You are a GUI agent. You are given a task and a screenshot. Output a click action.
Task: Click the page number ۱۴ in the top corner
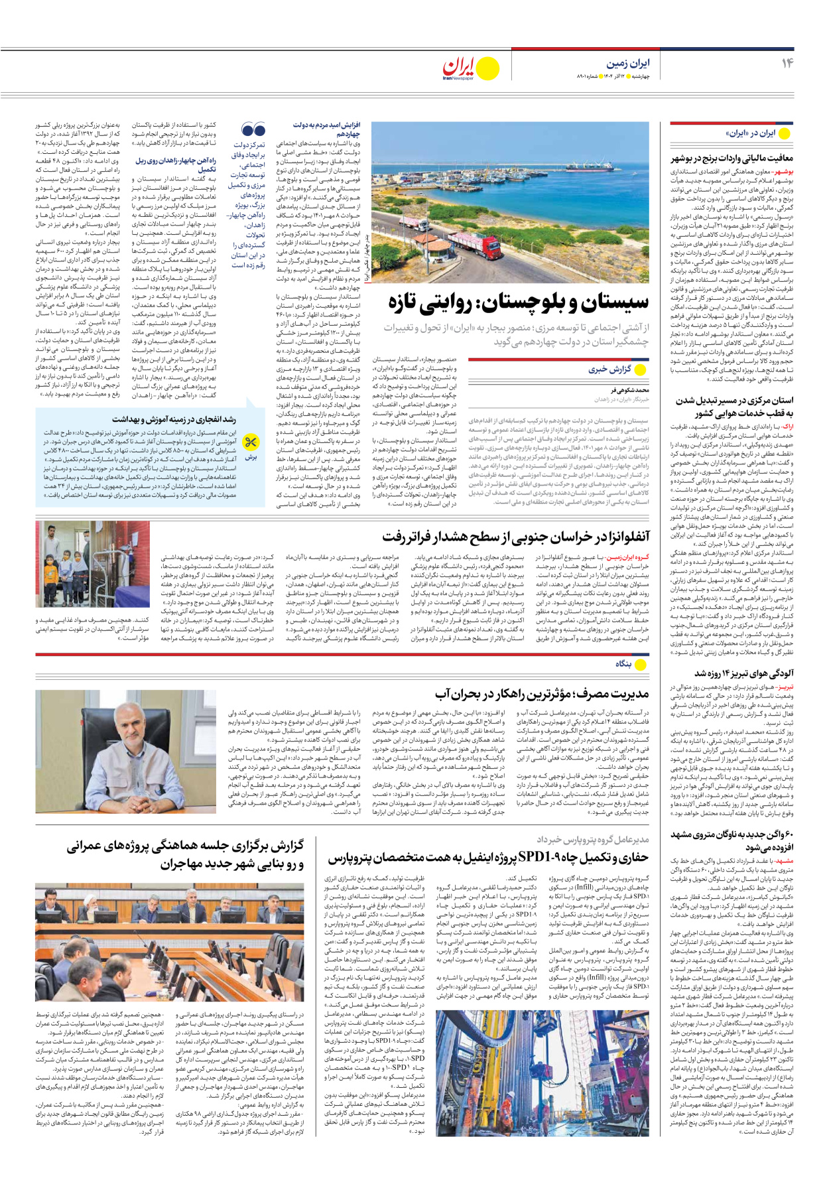787,63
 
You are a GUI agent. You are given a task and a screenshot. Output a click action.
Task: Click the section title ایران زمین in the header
627,63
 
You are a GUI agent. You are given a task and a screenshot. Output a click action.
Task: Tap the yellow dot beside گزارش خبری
641,369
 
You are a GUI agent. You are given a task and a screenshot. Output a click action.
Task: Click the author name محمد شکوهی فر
630,391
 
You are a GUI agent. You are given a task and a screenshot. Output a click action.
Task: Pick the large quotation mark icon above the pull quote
253,130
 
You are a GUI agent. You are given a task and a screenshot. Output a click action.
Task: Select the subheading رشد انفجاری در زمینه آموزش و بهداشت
174,419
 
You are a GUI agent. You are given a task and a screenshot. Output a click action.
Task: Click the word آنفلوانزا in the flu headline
605,536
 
